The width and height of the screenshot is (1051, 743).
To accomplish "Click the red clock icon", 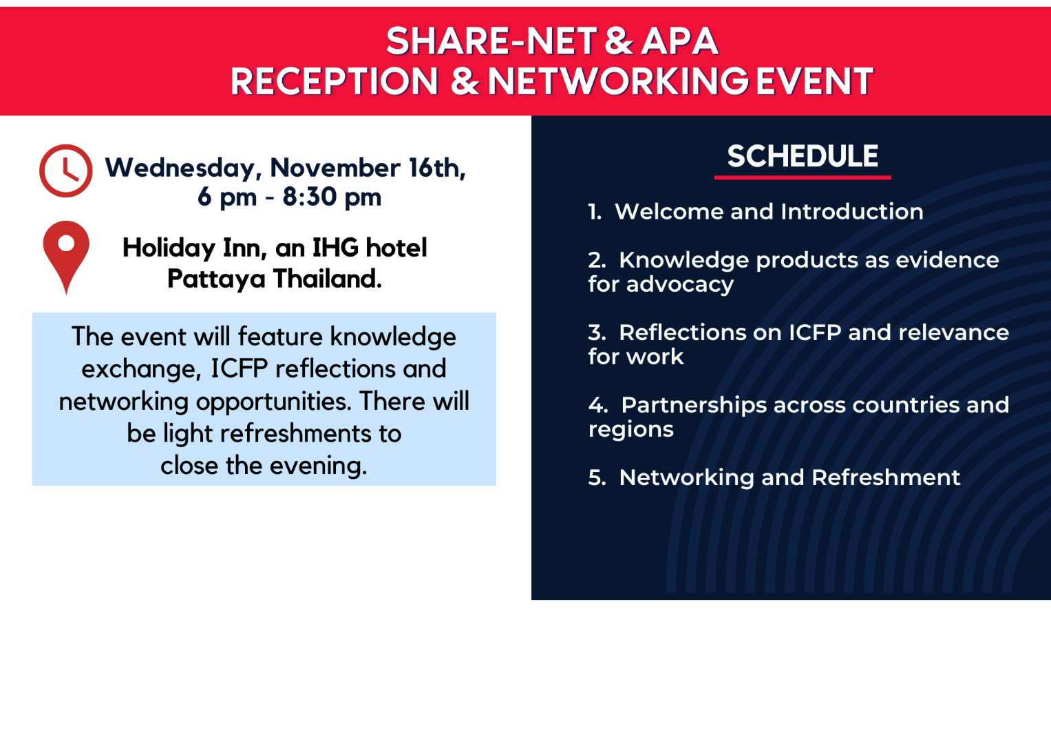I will [x=65, y=171].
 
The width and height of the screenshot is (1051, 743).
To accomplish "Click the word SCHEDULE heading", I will [x=803, y=156].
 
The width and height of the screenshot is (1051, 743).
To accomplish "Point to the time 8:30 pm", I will [x=332, y=197].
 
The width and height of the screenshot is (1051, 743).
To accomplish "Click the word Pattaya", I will [x=216, y=279].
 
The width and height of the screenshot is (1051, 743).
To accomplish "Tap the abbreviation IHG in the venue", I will [x=335, y=248].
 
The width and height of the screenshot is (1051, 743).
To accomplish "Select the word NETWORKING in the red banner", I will [x=617, y=82].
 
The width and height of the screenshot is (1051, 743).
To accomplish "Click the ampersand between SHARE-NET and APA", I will [x=619, y=41].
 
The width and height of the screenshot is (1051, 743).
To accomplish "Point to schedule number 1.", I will [x=595, y=212].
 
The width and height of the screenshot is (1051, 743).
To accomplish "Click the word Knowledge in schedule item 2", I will [x=683, y=260].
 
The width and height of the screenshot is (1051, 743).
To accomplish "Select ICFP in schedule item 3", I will [x=815, y=333].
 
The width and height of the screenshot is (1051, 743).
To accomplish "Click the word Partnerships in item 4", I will [x=694, y=405].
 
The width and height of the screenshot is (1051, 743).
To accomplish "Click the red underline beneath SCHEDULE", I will [x=803, y=177].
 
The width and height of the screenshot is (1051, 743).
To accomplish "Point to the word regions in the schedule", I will [x=630, y=430].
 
